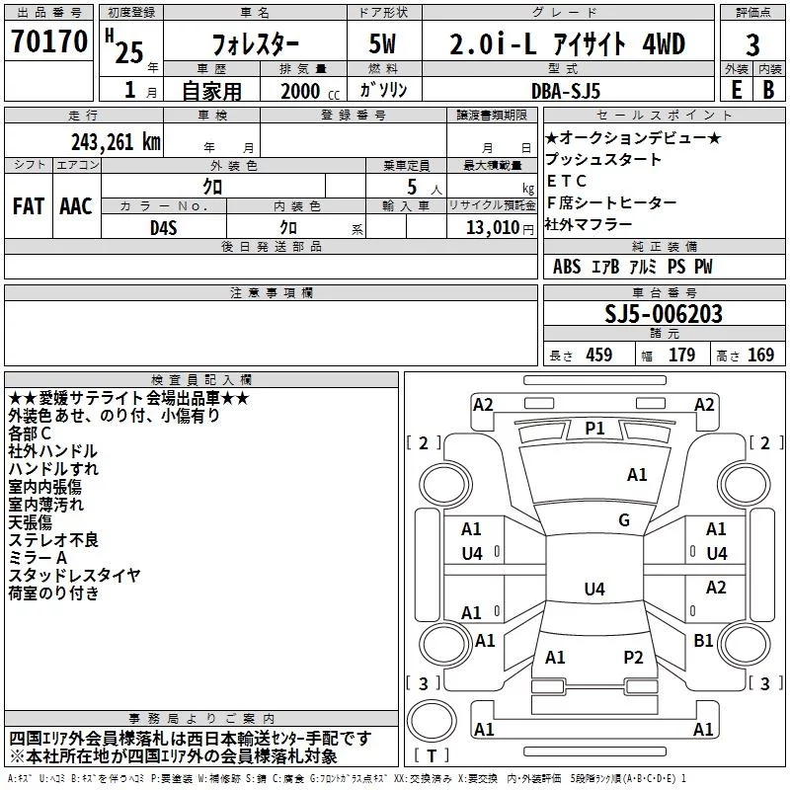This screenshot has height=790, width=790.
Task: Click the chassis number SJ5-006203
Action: tap(664, 315)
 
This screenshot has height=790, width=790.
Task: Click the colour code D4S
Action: tap(164, 226)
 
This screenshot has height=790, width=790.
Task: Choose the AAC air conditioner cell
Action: tap(76, 206)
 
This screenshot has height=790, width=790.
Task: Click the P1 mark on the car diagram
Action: tap(594, 429)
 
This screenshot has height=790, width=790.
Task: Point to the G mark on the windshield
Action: tap(624, 520)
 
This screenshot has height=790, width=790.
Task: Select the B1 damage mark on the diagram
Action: tap(703, 640)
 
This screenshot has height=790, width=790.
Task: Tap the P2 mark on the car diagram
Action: tap(633, 657)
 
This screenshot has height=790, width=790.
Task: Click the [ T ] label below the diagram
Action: tap(430, 756)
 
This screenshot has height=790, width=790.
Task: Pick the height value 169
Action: tap(759, 355)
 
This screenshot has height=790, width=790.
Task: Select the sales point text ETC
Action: tap(567, 181)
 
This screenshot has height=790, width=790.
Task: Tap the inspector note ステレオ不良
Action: tap(53, 539)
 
